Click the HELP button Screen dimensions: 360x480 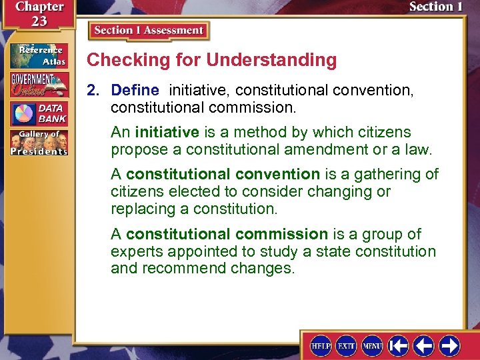321,345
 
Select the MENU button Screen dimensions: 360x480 372,345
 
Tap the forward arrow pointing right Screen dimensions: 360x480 450,345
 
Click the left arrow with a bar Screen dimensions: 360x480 399,345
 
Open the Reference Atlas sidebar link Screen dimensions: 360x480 39,55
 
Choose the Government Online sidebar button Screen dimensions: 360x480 39,85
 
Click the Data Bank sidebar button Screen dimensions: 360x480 39,113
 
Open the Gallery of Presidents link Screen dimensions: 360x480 39,143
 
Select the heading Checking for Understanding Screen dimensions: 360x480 212,60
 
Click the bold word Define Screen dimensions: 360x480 135,90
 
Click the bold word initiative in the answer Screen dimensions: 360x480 167,132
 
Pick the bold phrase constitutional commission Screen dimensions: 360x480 227,234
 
